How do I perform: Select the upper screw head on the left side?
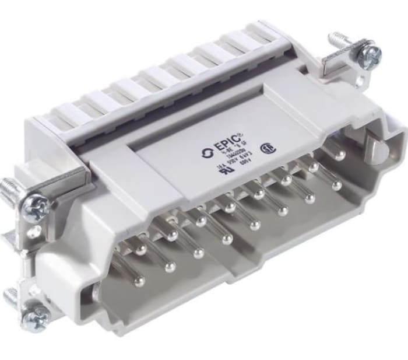click(x=34, y=207)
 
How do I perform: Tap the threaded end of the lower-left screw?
click(x=10, y=298)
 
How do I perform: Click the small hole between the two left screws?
click(x=34, y=232)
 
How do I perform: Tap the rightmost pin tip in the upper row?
click(x=340, y=156)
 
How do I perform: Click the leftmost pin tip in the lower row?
click(x=139, y=281)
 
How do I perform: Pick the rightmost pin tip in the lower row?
click(x=336, y=186)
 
